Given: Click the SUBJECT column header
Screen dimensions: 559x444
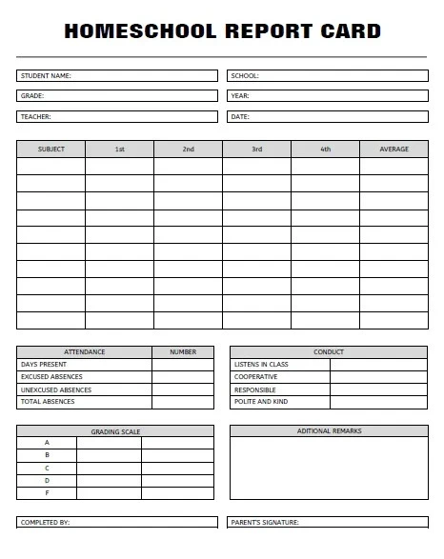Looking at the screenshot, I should pyautogui.click(x=51, y=150).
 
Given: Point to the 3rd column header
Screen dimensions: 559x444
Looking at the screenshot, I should pyautogui.click(x=256, y=150).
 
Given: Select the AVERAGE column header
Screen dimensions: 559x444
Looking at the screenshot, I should pyautogui.click(x=394, y=150).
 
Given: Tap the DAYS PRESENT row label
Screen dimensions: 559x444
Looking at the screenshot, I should pyautogui.click(x=44, y=365).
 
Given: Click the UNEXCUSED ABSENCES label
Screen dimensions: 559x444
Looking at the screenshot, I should pyautogui.click(x=56, y=389).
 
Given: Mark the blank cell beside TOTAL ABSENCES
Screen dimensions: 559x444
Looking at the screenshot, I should pyautogui.click(x=183, y=402).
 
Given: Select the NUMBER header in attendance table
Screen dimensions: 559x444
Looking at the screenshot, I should pyautogui.click(x=183, y=352).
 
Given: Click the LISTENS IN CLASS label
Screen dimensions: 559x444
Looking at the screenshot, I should pyautogui.click(x=261, y=365).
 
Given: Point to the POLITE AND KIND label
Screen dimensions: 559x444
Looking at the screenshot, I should pyautogui.click(x=261, y=402).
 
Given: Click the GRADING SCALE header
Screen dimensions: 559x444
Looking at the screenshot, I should pyautogui.click(x=115, y=431).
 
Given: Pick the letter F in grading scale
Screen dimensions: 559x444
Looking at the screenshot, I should pyautogui.click(x=47, y=493).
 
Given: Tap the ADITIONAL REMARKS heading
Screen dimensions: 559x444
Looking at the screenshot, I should pyautogui.click(x=329, y=431).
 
